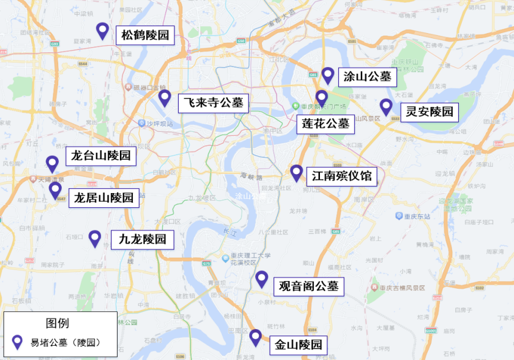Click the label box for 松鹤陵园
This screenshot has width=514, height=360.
[x=145, y=36]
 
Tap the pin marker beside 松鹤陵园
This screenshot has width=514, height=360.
[x=102, y=31]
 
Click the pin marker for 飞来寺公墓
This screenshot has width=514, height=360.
[x=164, y=98]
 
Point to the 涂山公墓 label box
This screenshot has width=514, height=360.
[x=367, y=77]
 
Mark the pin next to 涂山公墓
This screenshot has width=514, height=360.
[x=328, y=75]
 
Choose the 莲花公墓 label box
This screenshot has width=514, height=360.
[x=326, y=124]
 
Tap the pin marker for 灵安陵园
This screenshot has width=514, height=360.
[x=386, y=107]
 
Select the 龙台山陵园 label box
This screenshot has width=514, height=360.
[x=101, y=157]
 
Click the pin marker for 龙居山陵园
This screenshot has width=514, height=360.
[x=55, y=190]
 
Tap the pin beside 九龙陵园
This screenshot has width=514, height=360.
[x=94, y=238]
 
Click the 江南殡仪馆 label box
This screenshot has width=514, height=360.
[x=342, y=176]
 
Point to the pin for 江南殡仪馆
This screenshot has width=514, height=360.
[x=296, y=173]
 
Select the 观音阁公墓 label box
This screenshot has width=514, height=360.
[x=309, y=286]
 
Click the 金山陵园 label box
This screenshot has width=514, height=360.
[x=299, y=345]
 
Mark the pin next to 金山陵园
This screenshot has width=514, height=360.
[x=255, y=337]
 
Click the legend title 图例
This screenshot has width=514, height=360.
[x=58, y=323]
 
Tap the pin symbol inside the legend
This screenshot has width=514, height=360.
[x=18, y=342]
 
